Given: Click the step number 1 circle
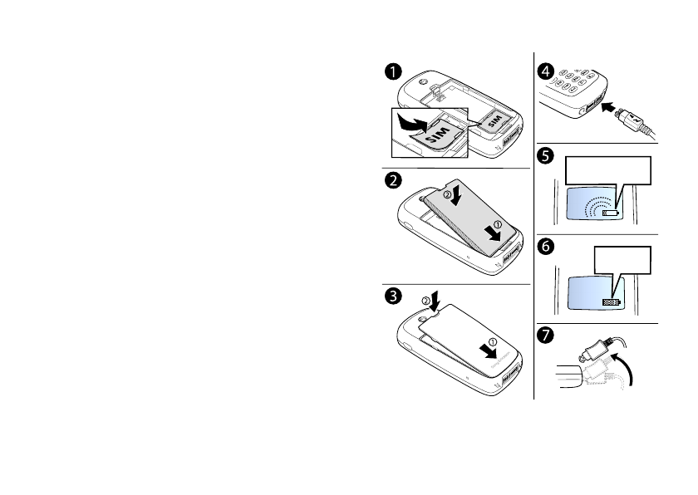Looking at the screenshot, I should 389,72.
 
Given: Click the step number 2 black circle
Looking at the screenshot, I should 389,180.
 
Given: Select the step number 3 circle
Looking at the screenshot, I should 389,294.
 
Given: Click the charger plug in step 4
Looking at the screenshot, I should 634,122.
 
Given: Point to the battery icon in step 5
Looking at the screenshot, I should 612,212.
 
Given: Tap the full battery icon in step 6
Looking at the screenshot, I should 612,302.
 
